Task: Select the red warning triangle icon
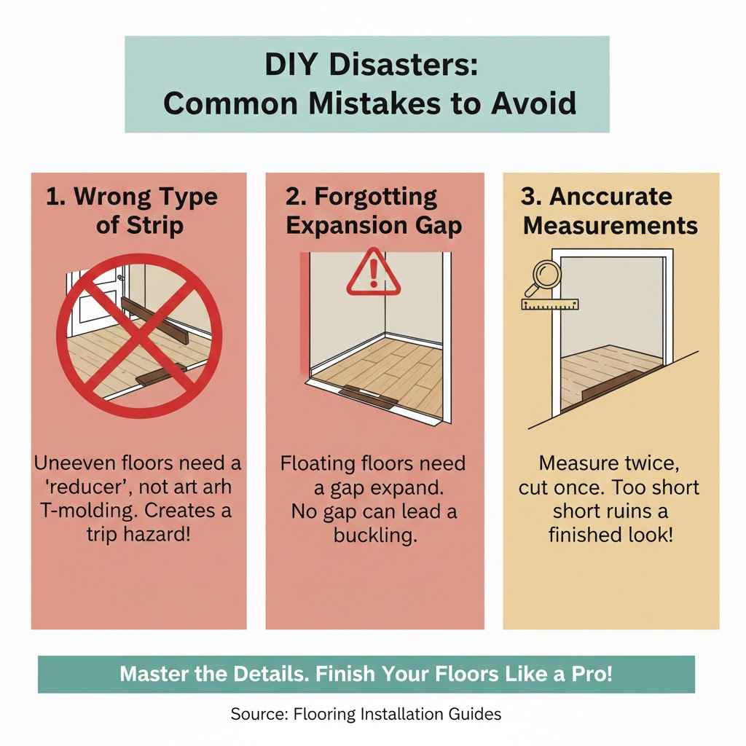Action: coord(373,273)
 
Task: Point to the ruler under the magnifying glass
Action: coord(549,303)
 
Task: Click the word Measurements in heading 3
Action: coord(610,224)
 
